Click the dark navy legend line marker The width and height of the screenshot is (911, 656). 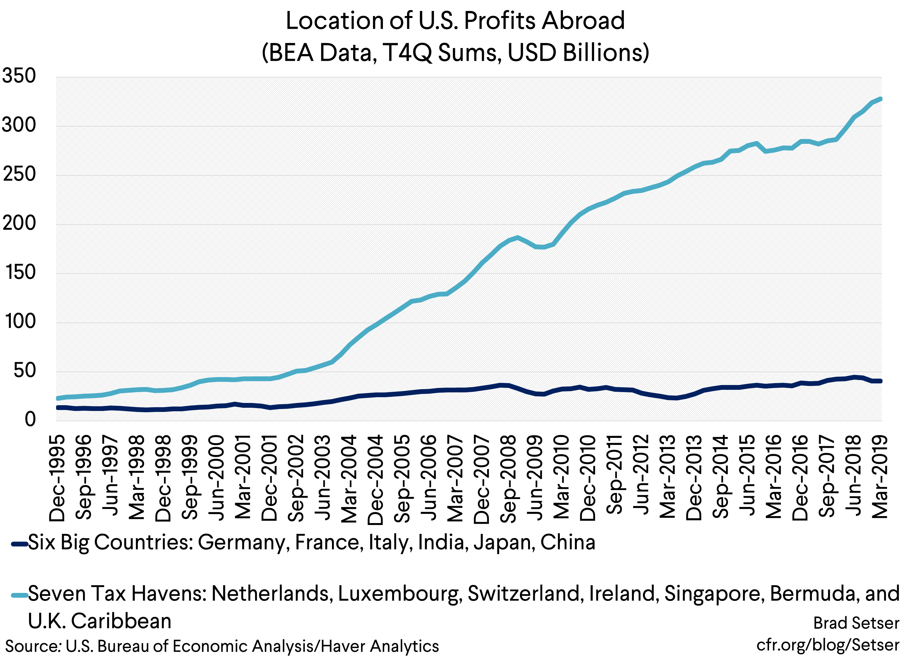(19, 544)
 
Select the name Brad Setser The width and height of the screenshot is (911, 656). (856, 623)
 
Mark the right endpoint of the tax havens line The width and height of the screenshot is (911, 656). (881, 98)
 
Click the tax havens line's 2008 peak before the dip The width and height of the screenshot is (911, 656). (518, 238)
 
